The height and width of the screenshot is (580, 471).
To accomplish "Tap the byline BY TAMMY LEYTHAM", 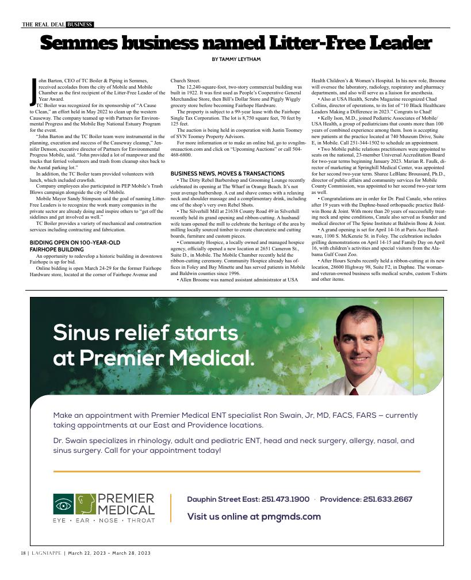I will pyautogui.click(x=236, y=59).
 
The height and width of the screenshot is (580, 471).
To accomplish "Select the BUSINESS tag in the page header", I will pyautogui.click(x=79, y=24).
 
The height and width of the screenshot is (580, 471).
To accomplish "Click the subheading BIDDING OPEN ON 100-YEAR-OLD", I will pyautogui.click(x=75, y=243).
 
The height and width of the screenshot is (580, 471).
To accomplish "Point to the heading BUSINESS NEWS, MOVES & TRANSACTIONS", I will pyautogui.click(x=227, y=173).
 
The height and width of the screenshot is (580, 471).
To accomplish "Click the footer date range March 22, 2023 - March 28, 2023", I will pyautogui.click(x=109, y=553).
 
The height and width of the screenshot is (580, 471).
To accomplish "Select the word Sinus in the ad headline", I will pyautogui.click(x=83, y=333).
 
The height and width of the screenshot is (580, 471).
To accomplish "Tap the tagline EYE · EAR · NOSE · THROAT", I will pyautogui.click(x=104, y=521).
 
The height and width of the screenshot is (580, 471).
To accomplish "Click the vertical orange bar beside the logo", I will pyautogui.click(x=171, y=507).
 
